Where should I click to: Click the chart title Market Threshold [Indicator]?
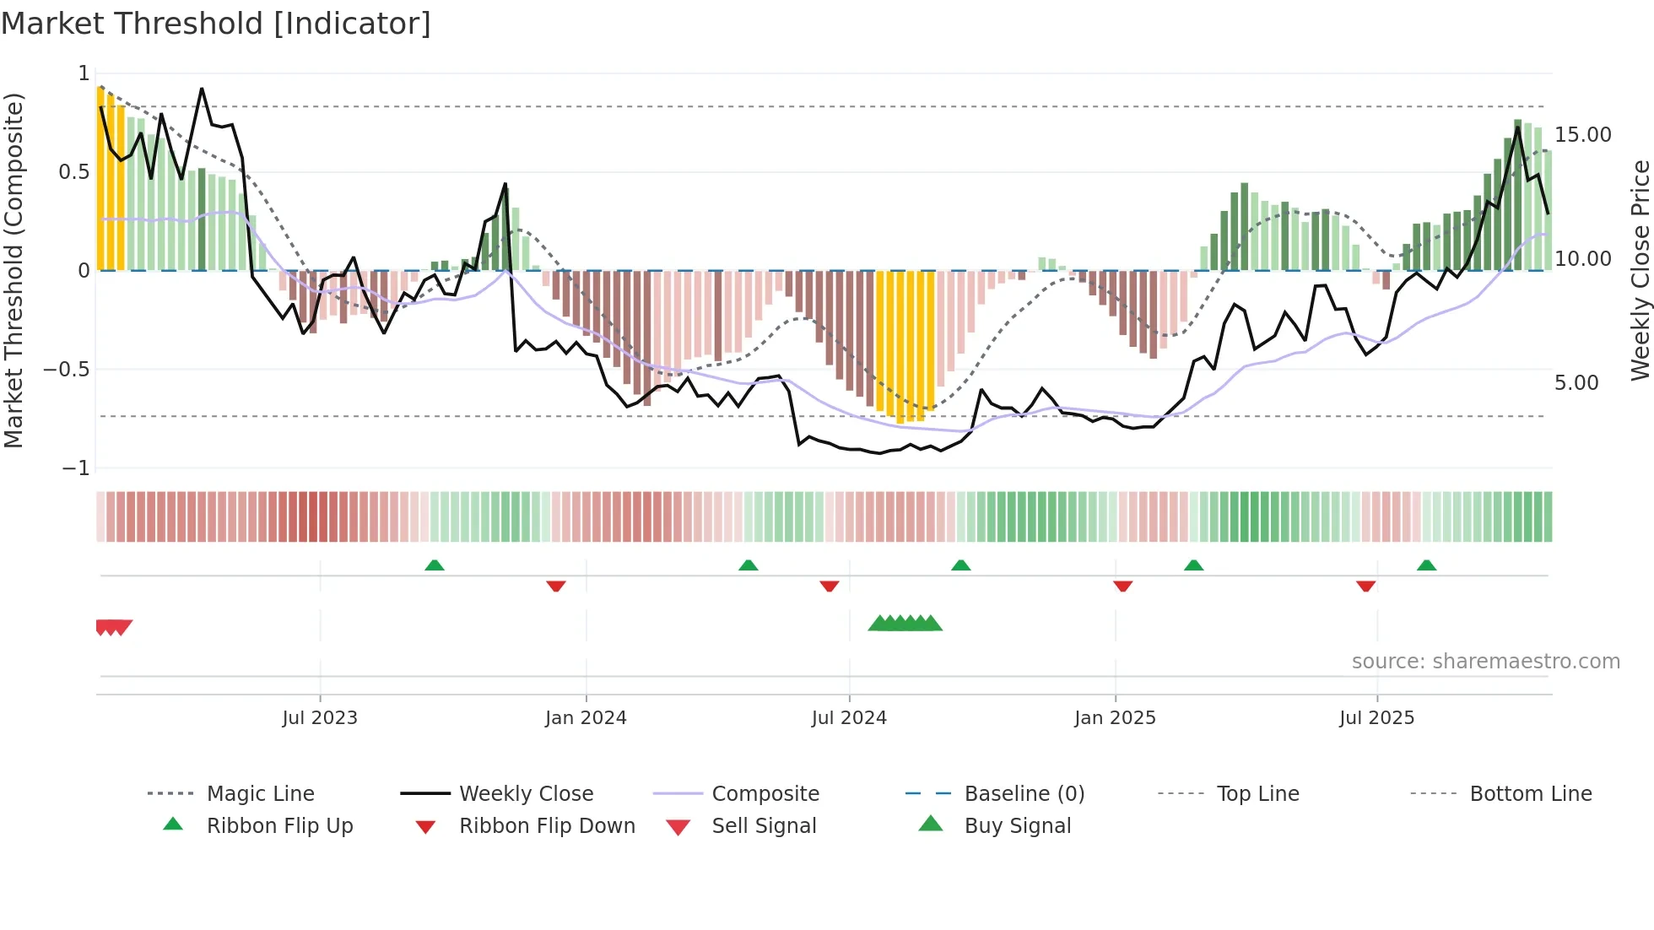[x=216, y=24]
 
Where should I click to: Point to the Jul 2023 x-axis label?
[x=320, y=718]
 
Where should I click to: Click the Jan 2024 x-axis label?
[x=586, y=718]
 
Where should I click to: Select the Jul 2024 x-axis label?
[x=849, y=718]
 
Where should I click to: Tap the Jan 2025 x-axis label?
[x=1115, y=718]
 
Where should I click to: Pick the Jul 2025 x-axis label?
[x=1376, y=718]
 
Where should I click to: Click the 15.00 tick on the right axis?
[x=1582, y=135]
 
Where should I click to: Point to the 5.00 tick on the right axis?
[x=1576, y=383]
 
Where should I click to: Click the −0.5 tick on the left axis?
[x=67, y=370]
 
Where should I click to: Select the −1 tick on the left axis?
[x=76, y=468]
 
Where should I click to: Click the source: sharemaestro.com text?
[x=1485, y=662]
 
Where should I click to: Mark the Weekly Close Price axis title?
[x=1640, y=270]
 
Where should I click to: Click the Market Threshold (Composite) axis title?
[x=14, y=270]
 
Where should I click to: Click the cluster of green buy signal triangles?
[x=905, y=624]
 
